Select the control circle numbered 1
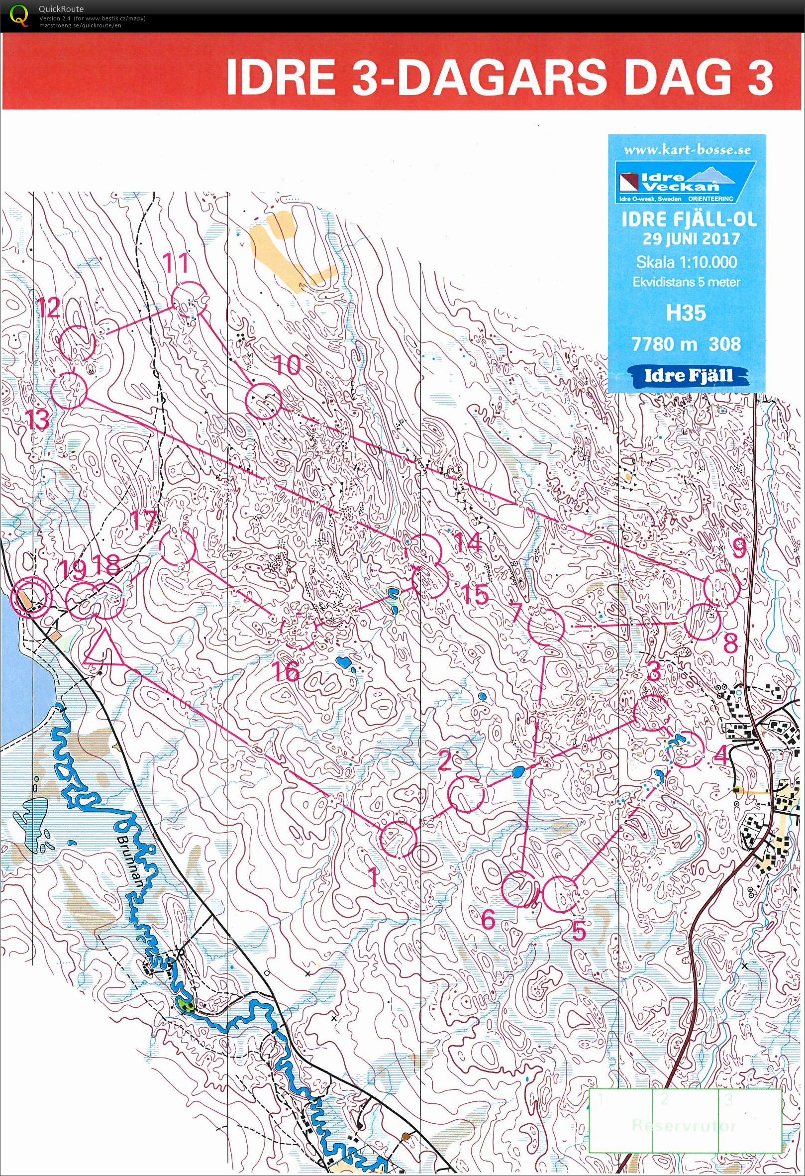(x=398, y=839)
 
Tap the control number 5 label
(x=578, y=929)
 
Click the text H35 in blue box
(x=686, y=313)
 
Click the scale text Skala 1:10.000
(x=686, y=262)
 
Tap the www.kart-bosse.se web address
(x=687, y=150)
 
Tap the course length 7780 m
(x=660, y=344)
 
